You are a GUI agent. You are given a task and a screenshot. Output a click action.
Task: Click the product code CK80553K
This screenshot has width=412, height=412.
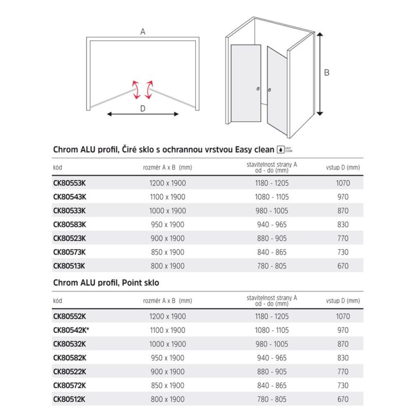(x=70, y=183)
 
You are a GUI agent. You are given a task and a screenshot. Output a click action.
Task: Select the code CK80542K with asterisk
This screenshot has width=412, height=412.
(x=72, y=330)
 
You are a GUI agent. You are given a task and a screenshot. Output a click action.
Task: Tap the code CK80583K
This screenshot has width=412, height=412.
(x=70, y=225)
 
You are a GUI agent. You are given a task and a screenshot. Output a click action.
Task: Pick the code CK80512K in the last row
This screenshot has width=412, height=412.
(x=70, y=399)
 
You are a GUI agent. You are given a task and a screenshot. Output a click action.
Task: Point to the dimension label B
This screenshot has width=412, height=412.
(x=327, y=73)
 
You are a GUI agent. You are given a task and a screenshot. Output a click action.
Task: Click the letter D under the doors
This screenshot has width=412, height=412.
(x=143, y=108)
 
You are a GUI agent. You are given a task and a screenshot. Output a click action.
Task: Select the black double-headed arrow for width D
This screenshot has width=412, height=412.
(x=143, y=114)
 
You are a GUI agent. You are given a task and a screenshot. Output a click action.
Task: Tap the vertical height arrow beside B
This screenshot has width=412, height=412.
(x=319, y=73)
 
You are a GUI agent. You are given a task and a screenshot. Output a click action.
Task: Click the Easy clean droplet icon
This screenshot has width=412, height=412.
(x=281, y=150)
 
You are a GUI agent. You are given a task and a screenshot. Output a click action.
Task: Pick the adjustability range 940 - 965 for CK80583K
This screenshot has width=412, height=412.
(x=271, y=225)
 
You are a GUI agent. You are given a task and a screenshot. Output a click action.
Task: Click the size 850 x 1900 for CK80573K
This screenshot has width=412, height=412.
(x=164, y=252)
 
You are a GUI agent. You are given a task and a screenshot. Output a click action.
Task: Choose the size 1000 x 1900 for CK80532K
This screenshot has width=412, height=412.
(x=164, y=344)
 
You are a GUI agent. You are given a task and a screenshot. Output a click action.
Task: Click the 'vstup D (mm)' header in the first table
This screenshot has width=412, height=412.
(x=342, y=167)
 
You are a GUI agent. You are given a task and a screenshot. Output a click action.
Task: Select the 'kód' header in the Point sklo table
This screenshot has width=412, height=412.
(x=58, y=301)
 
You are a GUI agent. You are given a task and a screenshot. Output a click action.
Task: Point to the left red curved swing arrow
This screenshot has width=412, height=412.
(x=136, y=90)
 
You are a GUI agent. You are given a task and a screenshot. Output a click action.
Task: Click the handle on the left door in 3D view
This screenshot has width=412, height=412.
(x=259, y=91)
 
